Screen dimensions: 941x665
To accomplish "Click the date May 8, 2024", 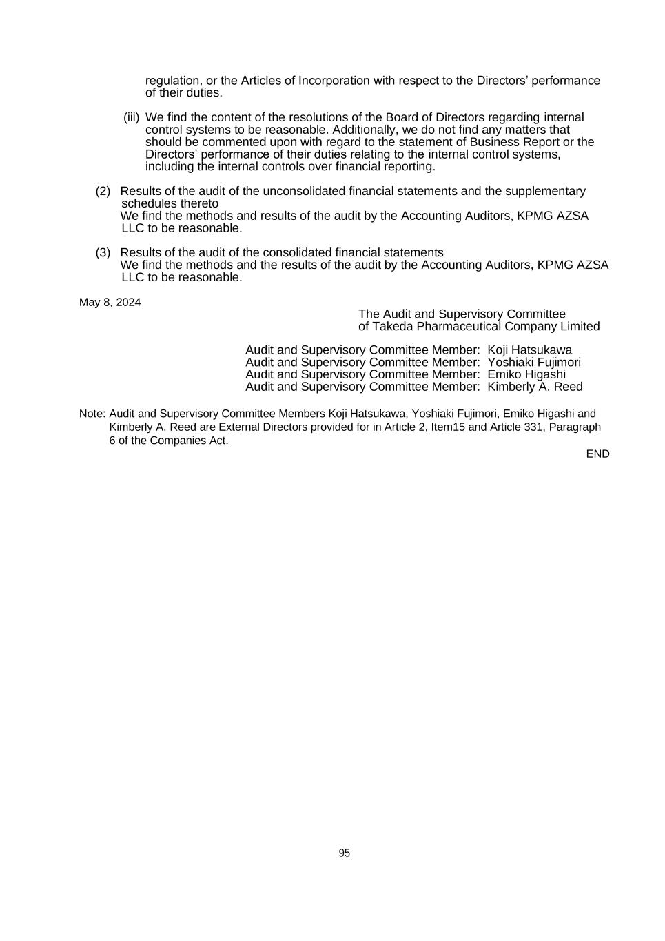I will [110, 302].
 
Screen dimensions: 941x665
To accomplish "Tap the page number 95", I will [344, 853].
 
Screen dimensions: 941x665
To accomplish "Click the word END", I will [597, 454].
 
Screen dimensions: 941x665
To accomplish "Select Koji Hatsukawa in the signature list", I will [529, 350].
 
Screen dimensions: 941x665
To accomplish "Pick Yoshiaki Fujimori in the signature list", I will [534, 362].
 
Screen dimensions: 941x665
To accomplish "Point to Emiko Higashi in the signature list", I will [526, 374].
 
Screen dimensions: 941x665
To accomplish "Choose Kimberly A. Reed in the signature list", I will [535, 387].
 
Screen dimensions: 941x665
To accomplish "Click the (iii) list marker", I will [131, 117].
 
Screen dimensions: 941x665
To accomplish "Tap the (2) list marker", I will [103, 191].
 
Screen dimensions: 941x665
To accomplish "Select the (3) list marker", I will [103, 252].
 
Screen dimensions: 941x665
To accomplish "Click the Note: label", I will [92, 414].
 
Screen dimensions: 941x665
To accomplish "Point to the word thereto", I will [199, 203].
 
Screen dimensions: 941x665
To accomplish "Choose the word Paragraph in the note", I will [575, 427].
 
